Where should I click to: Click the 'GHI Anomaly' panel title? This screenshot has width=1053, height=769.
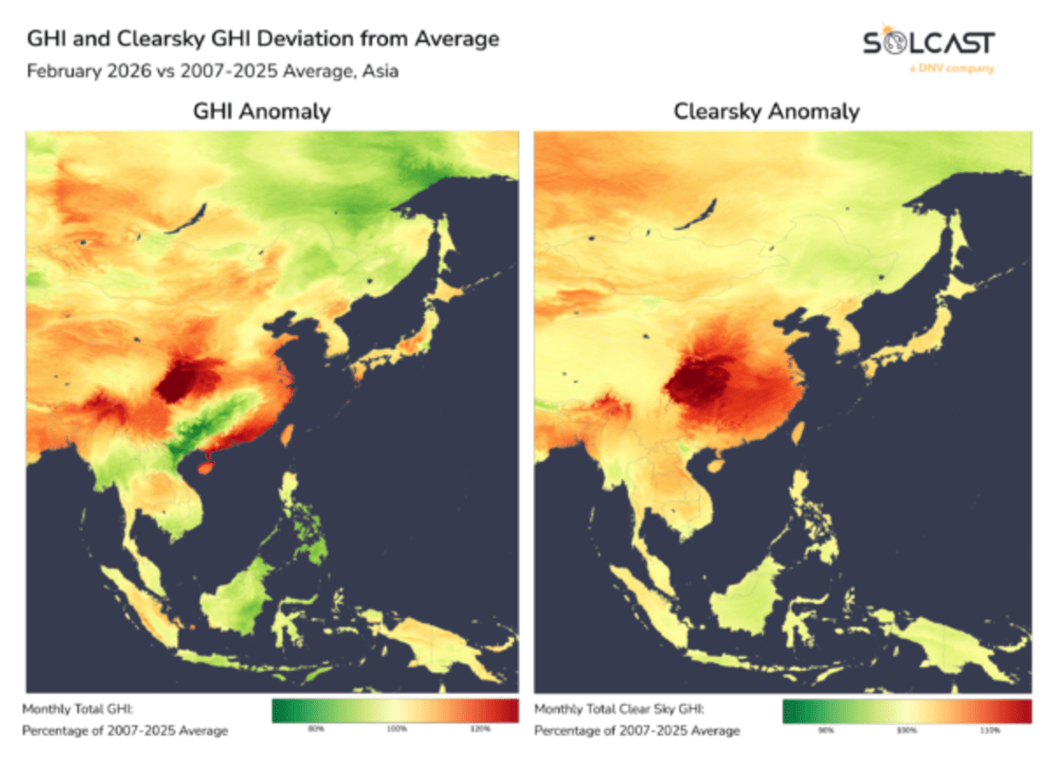point(262,111)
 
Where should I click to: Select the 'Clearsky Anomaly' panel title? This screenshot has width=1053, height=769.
point(766,111)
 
